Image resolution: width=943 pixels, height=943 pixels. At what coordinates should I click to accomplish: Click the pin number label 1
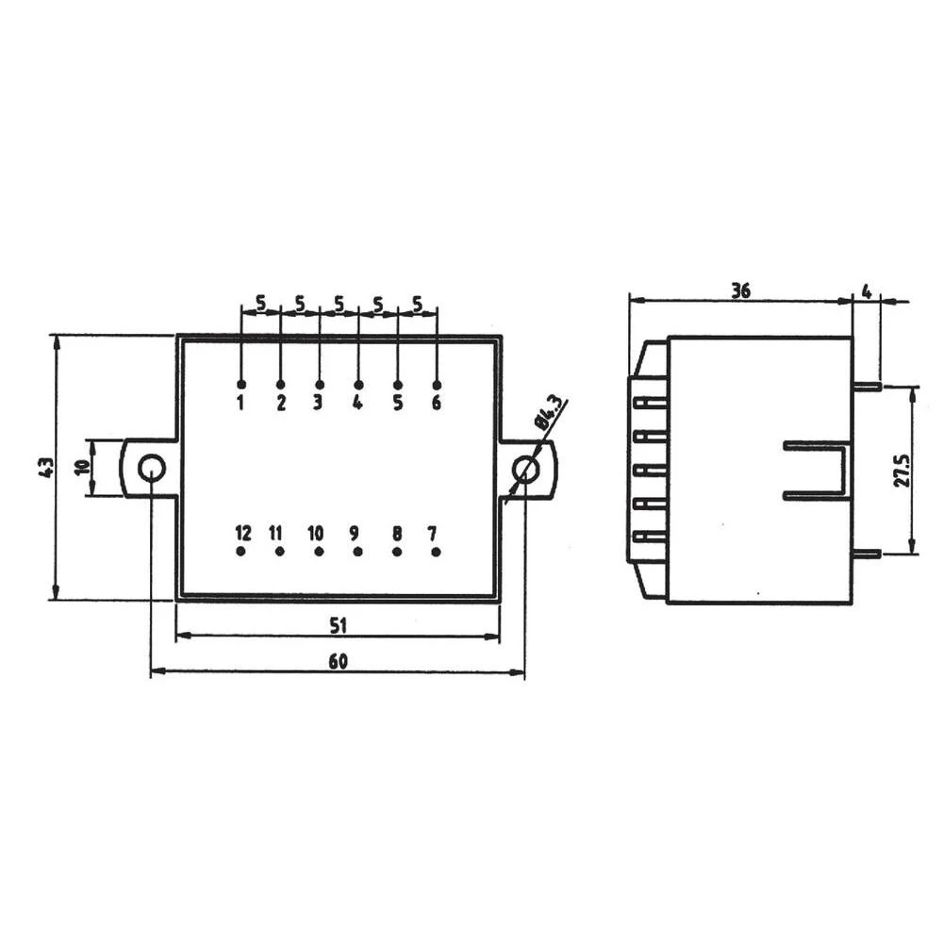click(241, 404)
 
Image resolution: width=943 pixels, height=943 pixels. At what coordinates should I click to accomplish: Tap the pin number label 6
click(436, 404)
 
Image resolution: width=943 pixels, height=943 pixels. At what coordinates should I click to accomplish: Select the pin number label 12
click(243, 533)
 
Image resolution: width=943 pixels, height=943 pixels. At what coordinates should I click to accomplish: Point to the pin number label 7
click(433, 533)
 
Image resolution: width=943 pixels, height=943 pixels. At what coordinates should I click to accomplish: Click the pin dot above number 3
click(320, 385)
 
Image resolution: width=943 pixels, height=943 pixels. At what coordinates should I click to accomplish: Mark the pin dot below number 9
click(358, 551)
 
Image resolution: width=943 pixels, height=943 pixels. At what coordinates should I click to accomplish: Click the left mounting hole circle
click(151, 467)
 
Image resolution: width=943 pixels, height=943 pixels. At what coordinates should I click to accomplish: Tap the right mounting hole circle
click(525, 469)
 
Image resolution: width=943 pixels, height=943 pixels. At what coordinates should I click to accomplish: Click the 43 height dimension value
click(45, 467)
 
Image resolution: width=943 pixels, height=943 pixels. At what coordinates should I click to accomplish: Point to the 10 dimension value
click(82, 467)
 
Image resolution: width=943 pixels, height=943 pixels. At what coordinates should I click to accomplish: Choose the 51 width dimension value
click(339, 624)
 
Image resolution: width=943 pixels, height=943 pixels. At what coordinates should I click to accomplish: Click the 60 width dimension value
click(338, 662)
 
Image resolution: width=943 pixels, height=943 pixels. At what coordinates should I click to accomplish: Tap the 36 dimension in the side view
click(740, 291)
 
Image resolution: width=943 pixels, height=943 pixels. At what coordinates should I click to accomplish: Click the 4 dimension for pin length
click(867, 291)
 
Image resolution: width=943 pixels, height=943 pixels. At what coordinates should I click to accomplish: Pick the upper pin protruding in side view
click(867, 386)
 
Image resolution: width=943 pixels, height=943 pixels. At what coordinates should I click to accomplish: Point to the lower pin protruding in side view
click(867, 554)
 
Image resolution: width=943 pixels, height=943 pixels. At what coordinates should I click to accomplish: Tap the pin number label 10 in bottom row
click(316, 533)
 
